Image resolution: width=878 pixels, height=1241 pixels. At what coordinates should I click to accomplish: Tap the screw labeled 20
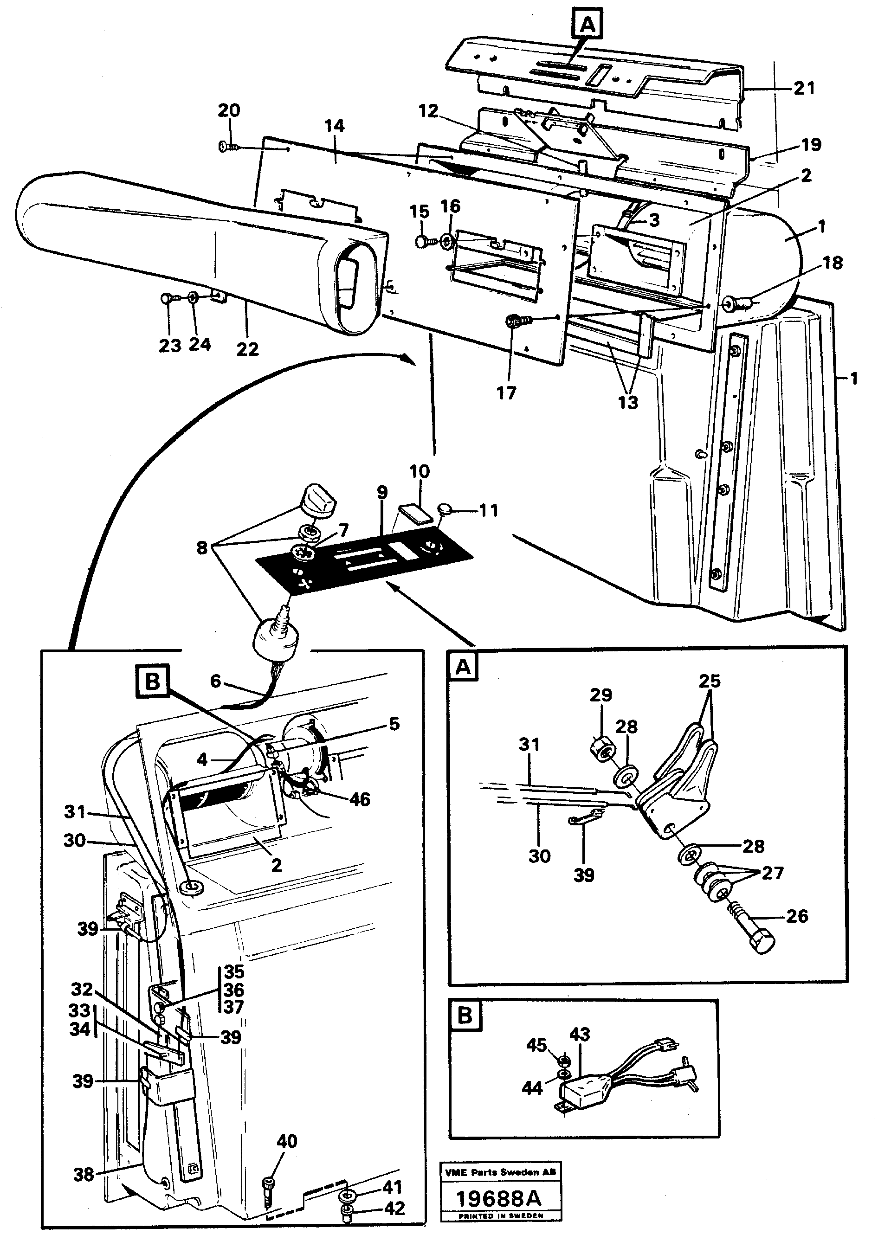227,147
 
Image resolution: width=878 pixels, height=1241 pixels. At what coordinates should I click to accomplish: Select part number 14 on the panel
334,127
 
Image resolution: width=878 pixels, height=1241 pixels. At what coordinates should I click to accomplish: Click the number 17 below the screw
507,393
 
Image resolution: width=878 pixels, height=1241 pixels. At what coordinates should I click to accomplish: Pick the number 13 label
628,402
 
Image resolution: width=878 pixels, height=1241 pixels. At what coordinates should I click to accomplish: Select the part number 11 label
488,510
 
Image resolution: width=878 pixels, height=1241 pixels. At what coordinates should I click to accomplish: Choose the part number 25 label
710,681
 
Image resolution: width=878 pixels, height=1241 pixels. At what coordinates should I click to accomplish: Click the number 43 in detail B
580,1034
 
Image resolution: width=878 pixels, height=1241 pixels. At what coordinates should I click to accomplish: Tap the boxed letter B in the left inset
153,682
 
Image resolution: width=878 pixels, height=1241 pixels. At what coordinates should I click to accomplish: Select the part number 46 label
360,799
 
